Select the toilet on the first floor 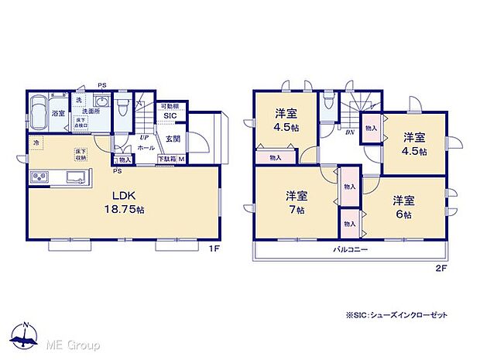122,104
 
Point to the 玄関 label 173,139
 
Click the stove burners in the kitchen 39,177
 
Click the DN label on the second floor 350,132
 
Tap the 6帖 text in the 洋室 403,214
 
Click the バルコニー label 350,250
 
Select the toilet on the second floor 328,102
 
